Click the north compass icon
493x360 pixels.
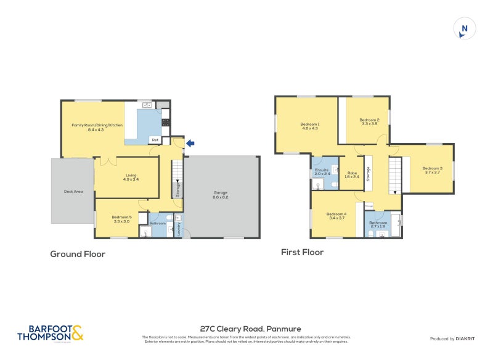pyautogui.click(x=465, y=28)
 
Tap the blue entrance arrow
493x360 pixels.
pyautogui.click(x=190, y=144)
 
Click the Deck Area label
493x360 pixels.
pyautogui.click(x=73, y=192)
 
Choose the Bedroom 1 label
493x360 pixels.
pyautogui.click(x=309, y=125)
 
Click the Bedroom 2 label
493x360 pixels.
pyautogui.click(x=369, y=121)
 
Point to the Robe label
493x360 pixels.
pyautogui.click(x=352, y=173)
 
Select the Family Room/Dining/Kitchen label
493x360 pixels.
pyautogui.click(x=97, y=126)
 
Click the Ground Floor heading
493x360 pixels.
pyautogui.click(x=78, y=254)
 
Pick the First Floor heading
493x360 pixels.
pyautogui.click(x=302, y=252)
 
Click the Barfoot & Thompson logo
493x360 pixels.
pyautogui.click(x=50, y=333)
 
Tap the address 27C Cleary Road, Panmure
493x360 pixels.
pyautogui.click(x=246, y=329)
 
